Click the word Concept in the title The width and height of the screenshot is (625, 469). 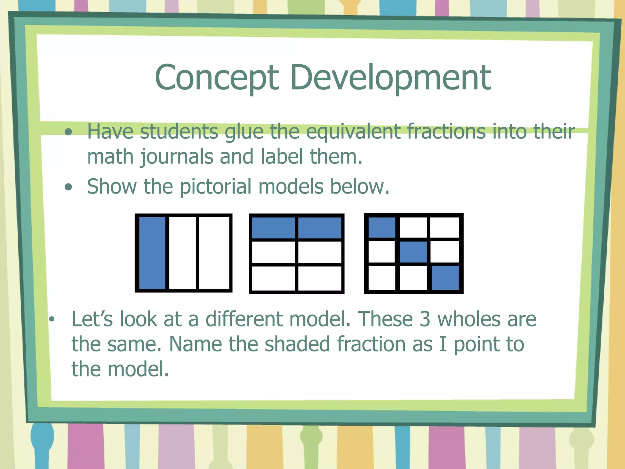(217, 78)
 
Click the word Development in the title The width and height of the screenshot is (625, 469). (390, 78)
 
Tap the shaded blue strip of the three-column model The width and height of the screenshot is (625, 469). (152, 253)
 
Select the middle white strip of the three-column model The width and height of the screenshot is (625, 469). (182, 253)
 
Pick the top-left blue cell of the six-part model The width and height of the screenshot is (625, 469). (273, 227)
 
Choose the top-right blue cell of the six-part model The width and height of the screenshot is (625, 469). (320, 227)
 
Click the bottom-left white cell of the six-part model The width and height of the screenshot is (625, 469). (273, 278)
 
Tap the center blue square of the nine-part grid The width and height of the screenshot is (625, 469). (413, 252)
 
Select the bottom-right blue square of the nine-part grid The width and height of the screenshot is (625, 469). (445, 278)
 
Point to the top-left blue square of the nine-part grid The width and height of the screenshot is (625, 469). (382, 227)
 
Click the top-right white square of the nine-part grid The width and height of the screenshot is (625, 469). (444, 227)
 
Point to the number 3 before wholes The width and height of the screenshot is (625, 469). (424, 319)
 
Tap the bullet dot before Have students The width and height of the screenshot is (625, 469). (69, 132)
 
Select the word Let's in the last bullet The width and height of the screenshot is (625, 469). (92, 319)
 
